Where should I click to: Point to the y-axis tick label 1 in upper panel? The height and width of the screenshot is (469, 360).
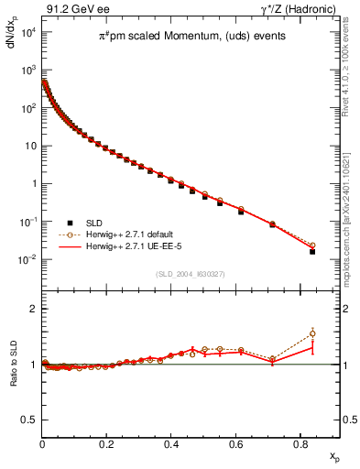coord(32,184)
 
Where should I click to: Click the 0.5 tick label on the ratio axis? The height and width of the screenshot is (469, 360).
coord(28,420)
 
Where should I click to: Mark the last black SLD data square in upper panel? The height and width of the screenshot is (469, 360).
coord(312,251)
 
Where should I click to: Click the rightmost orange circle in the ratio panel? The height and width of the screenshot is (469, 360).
coord(312,333)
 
